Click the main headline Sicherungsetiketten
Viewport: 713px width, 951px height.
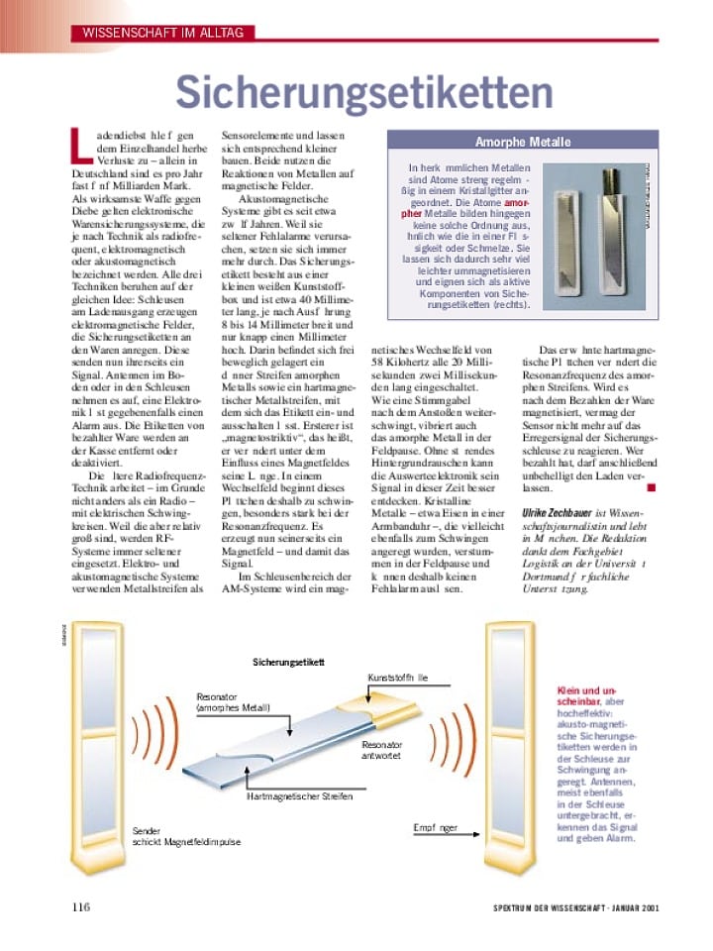(x=363, y=92)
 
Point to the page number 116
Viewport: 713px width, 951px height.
(x=80, y=907)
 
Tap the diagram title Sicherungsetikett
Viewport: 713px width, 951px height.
(x=288, y=661)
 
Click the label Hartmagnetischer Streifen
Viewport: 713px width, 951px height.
(x=299, y=795)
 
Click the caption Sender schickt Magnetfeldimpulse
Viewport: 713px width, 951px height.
(x=186, y=836)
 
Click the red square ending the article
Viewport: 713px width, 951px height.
(x=651, y=486)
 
